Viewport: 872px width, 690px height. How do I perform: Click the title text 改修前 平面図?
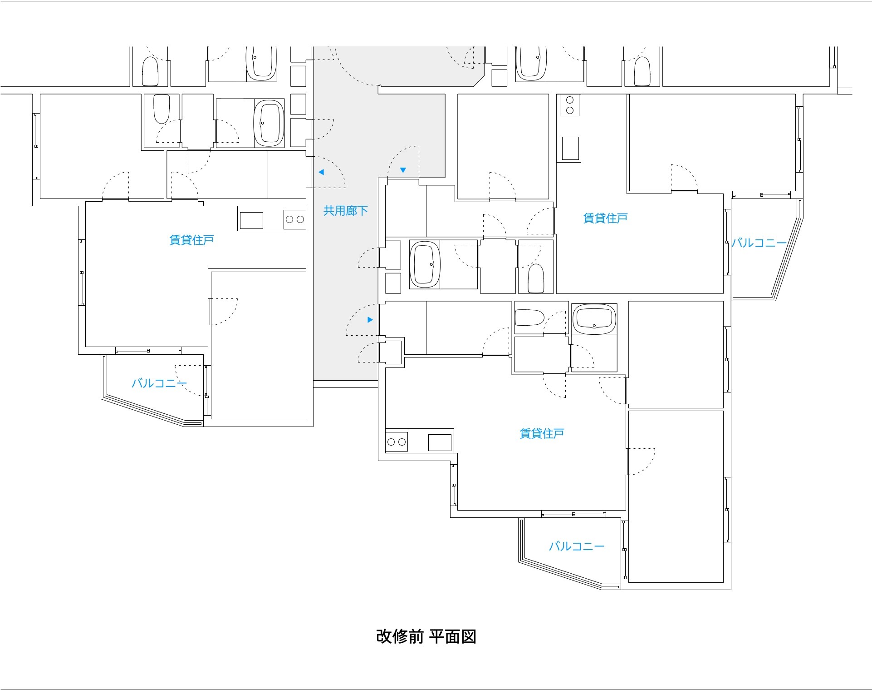point(426,636)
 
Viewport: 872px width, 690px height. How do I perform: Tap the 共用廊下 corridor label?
point(345,211)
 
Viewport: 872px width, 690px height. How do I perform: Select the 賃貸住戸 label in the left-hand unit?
point(191,240)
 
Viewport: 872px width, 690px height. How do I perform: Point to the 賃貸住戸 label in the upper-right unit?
point(605,218)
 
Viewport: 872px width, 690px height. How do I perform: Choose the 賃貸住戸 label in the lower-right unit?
point(542,433)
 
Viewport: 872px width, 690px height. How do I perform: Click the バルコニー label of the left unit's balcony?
point(159,383)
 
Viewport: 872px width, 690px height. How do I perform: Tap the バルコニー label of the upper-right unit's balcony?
point(759,243)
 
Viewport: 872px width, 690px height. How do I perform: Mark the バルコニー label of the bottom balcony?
point(577,546)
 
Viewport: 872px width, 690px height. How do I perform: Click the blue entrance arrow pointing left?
point(321,172)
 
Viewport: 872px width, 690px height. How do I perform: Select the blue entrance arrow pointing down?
point(403,170)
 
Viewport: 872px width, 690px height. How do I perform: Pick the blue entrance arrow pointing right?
point(370,320)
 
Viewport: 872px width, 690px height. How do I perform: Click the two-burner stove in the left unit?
point(295,220)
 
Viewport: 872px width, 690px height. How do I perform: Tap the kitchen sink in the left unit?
point(251,220)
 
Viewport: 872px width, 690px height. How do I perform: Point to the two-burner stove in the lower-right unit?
point(397,442)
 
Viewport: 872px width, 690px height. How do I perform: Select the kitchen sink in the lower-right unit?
point(440,442)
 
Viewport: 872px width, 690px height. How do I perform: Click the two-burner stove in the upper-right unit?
point(570,105)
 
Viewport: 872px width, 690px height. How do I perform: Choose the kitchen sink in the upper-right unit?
point(570,148)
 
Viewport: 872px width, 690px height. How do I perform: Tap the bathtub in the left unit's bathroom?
point(269,124)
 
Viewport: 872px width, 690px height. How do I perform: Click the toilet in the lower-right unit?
point(530,318)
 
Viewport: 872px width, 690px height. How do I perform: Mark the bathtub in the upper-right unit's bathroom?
point(425,264)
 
